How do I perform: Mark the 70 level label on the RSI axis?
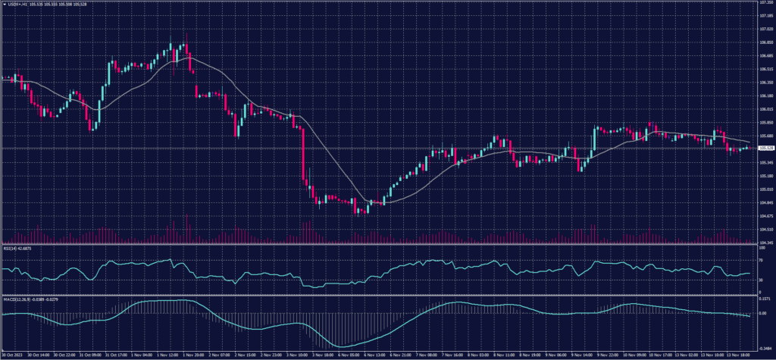(x=760, y=259)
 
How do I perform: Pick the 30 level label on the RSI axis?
(x=760, y=280)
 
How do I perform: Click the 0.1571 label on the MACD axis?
(x=764, y=299)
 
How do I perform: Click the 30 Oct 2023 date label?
(x=13, y=354)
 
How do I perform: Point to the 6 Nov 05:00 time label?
(x=348, y=354)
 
